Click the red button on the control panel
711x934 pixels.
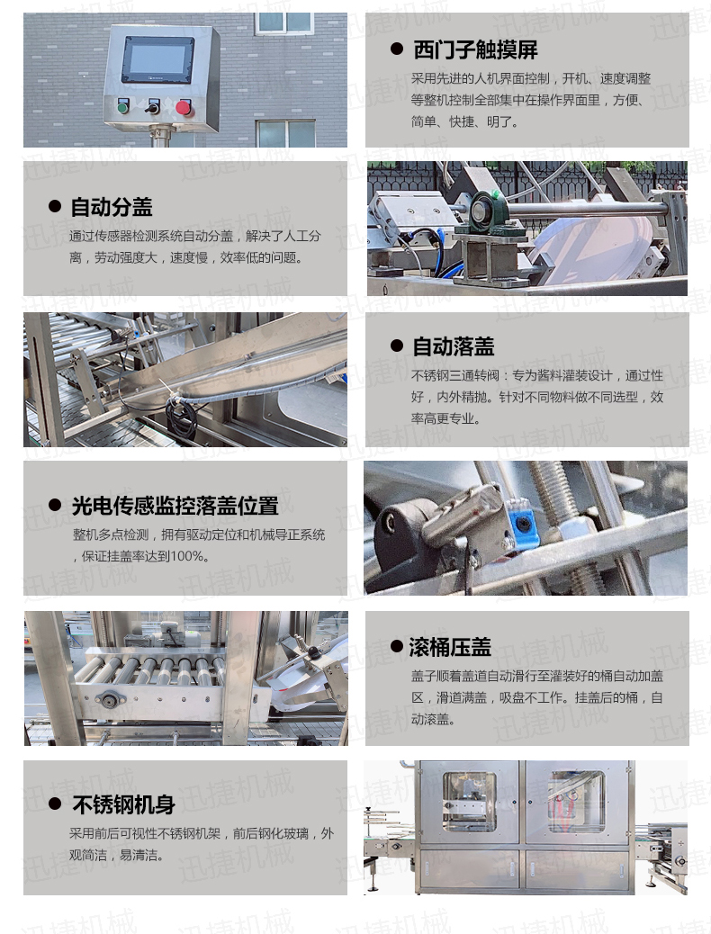[184, 107]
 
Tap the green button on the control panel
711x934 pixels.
[123, 107]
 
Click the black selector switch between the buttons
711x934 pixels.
[153, 108]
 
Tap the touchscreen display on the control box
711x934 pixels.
[157, 60]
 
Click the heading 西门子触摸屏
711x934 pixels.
[475, 49]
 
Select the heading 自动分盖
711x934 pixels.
[112, 207]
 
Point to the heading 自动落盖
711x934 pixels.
[453, 346]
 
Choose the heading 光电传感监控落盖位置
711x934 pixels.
[175, 506]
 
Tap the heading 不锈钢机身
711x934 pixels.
[123, 804]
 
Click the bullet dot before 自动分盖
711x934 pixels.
[55, 207]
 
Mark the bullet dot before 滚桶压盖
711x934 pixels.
[396, 646]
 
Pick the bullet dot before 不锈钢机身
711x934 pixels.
[55, 804]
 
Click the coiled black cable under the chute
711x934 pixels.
[181, 418]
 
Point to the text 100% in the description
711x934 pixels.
[192, 556]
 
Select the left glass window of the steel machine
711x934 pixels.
[468, 800]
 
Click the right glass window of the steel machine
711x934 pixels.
[576, 800]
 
